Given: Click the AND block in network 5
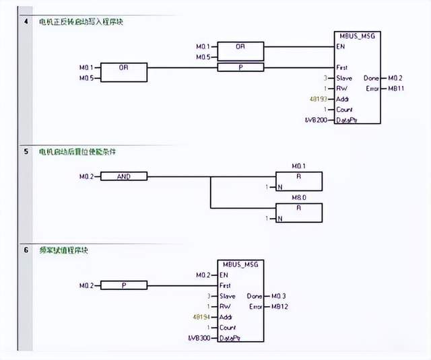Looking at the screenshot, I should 123,176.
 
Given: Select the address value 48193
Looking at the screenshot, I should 318,98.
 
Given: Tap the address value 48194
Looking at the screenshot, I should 201,316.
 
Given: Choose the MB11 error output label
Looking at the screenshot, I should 396,88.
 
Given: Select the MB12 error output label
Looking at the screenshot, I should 279,306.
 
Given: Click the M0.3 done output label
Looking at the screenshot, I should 279,295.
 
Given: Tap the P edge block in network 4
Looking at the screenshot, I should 240,67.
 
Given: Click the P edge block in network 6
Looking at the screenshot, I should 123,285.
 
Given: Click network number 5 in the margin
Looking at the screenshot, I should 26,152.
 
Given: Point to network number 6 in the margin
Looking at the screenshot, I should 26,250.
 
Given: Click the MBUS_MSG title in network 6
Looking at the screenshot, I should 240,264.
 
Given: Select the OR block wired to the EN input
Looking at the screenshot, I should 240,47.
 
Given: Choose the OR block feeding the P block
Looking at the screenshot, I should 123,73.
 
